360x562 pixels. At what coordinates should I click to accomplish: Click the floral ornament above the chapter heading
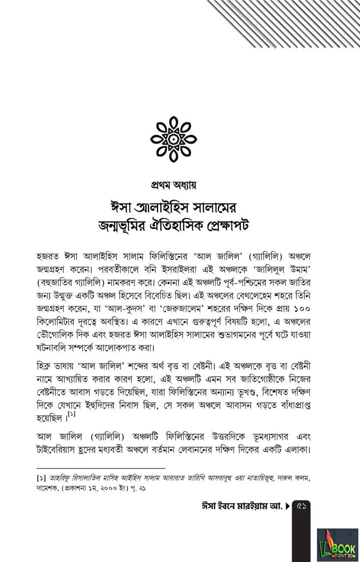tap(173, 139)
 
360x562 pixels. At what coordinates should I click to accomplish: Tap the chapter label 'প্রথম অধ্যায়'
tap(173, 185)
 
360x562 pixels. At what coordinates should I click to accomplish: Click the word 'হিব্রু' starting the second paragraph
tap(45, 366)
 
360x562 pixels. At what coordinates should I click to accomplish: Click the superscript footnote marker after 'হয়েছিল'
tap(72, 414)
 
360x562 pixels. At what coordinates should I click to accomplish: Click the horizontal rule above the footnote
tap(101, 468)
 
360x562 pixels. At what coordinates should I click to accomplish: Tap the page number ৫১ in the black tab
tap(301, 506)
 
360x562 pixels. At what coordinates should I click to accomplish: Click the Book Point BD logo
tap(337, 545)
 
